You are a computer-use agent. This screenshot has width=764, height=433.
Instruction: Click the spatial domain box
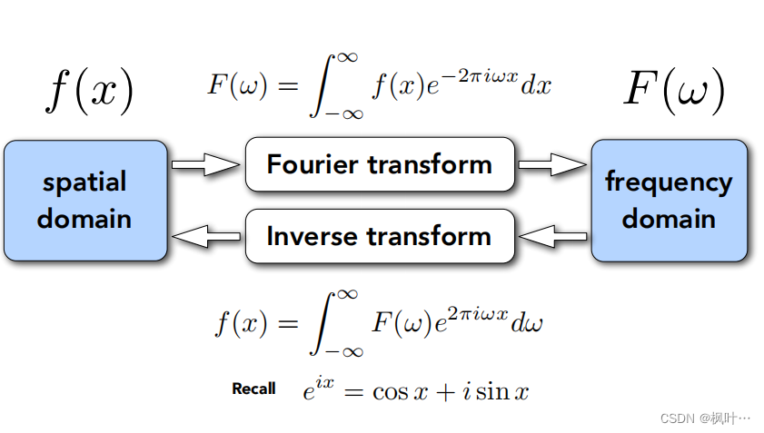click(85, 201)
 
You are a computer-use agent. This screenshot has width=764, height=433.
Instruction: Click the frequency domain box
click(669, 201)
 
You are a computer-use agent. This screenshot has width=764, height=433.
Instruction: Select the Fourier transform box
click(380, 164)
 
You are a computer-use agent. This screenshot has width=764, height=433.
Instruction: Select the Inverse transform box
click(380, 236)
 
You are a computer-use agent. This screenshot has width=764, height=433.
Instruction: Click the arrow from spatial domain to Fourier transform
click(206, 164)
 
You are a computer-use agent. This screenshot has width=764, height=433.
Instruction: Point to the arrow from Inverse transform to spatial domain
click(206, 236)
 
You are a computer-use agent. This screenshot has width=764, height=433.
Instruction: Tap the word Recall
click(253, 389)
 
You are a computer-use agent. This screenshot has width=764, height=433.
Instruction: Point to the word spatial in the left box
click(84, 182)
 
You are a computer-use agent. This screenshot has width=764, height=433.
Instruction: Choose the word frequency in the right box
click(669, 182)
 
